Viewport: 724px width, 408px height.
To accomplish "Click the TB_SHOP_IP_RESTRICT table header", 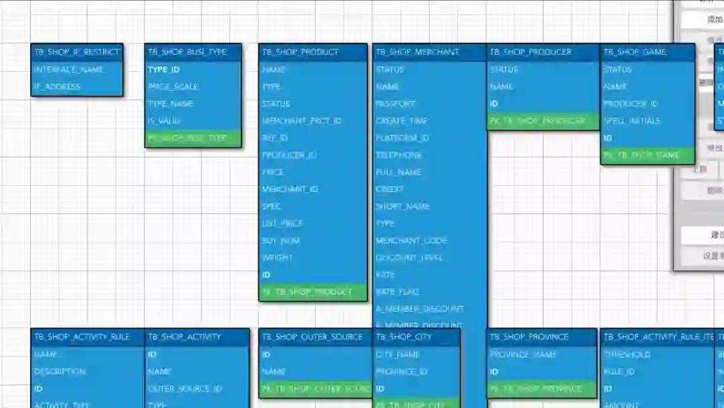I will (76, 52).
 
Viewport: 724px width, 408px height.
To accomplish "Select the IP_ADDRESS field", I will (58, 87).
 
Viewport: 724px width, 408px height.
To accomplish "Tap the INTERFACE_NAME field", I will (69, 69).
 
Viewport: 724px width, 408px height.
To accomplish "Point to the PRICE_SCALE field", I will (173, 87).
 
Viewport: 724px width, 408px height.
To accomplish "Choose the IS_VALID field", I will (164, 121).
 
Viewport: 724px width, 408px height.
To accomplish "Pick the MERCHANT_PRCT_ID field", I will (302, 121).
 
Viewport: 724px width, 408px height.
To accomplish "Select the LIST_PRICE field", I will (283, 223).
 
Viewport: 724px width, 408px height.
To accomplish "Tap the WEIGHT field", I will (278, 258).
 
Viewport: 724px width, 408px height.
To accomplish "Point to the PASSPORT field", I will (396, 104).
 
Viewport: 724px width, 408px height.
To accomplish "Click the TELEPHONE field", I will (399, 155).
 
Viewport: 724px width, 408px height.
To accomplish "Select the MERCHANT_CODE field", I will (411, 240).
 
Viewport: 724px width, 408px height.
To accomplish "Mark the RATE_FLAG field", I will (397, 292).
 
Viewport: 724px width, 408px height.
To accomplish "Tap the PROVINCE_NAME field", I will (524, 354).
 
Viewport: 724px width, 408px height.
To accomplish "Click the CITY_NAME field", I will (398, 354).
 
